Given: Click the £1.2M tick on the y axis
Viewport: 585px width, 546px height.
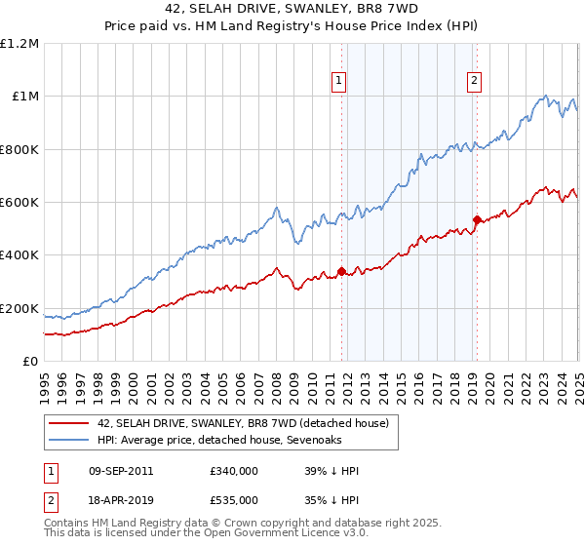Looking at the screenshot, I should tap(19, 44).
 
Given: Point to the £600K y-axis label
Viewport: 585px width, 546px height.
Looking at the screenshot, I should tap(19, 203).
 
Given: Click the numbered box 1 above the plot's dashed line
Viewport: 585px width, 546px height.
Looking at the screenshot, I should tap(339, 82).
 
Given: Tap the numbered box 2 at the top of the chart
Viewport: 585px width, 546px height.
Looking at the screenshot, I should tap(474, 82).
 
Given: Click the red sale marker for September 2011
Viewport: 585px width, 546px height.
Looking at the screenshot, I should tap(341, 271).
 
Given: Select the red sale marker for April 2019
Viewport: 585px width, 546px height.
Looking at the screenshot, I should tap(477, 219).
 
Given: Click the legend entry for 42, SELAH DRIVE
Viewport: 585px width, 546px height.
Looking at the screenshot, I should tap(243, 423).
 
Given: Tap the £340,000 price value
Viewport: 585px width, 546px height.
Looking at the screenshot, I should tap(234, 471).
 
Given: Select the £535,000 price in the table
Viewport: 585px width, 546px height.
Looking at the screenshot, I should tap(234, 499).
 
